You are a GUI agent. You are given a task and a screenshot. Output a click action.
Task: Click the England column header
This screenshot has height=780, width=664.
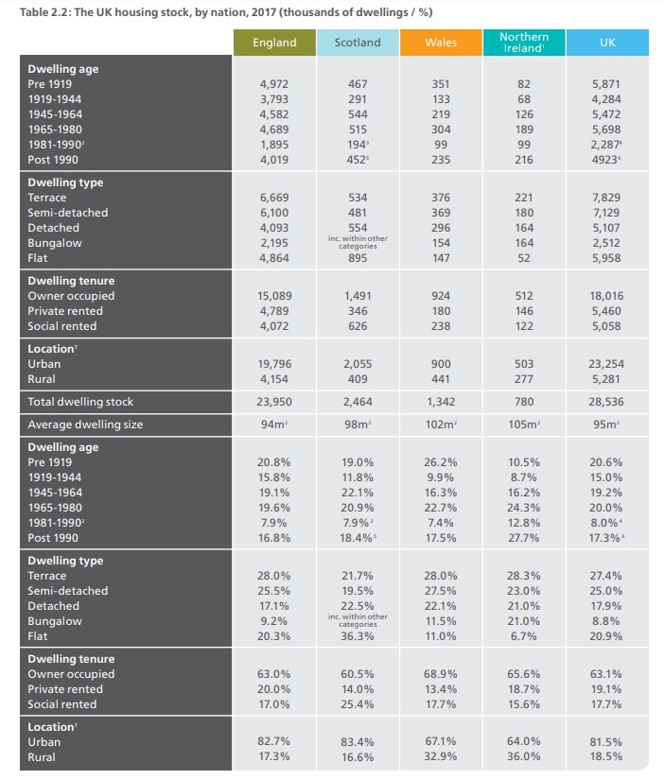[x=274, y=43]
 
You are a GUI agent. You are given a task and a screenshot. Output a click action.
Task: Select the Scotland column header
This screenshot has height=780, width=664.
[x=358, y=43]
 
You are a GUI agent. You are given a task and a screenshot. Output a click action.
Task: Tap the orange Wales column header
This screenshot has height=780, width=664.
[x=441, y=43]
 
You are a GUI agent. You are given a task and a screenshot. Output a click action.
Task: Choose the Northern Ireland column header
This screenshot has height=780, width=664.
[x=524, y=43]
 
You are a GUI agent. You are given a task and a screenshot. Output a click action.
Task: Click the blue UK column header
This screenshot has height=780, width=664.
[x=607, y=43]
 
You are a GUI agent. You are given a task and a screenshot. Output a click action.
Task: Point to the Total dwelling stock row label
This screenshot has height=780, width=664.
[x=80, y=402]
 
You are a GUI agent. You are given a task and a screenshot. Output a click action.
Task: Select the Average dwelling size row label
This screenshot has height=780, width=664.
[x=85, y=425]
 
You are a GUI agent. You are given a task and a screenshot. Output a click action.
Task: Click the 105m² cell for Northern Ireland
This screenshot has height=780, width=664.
[x=524, y=425]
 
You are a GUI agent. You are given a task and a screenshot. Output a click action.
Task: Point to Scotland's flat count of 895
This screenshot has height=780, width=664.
[x=358, y=258]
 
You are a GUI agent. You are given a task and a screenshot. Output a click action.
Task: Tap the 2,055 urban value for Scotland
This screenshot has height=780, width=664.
[x=358, y=364]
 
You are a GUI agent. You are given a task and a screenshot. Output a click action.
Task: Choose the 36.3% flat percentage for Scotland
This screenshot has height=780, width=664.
[x=358, y=636]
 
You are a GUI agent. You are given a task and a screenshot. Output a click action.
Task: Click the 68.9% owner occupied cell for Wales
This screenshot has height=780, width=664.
[x=441, y=674]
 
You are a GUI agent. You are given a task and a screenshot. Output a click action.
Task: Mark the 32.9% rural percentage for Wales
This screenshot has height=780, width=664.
[x=441, y=757]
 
